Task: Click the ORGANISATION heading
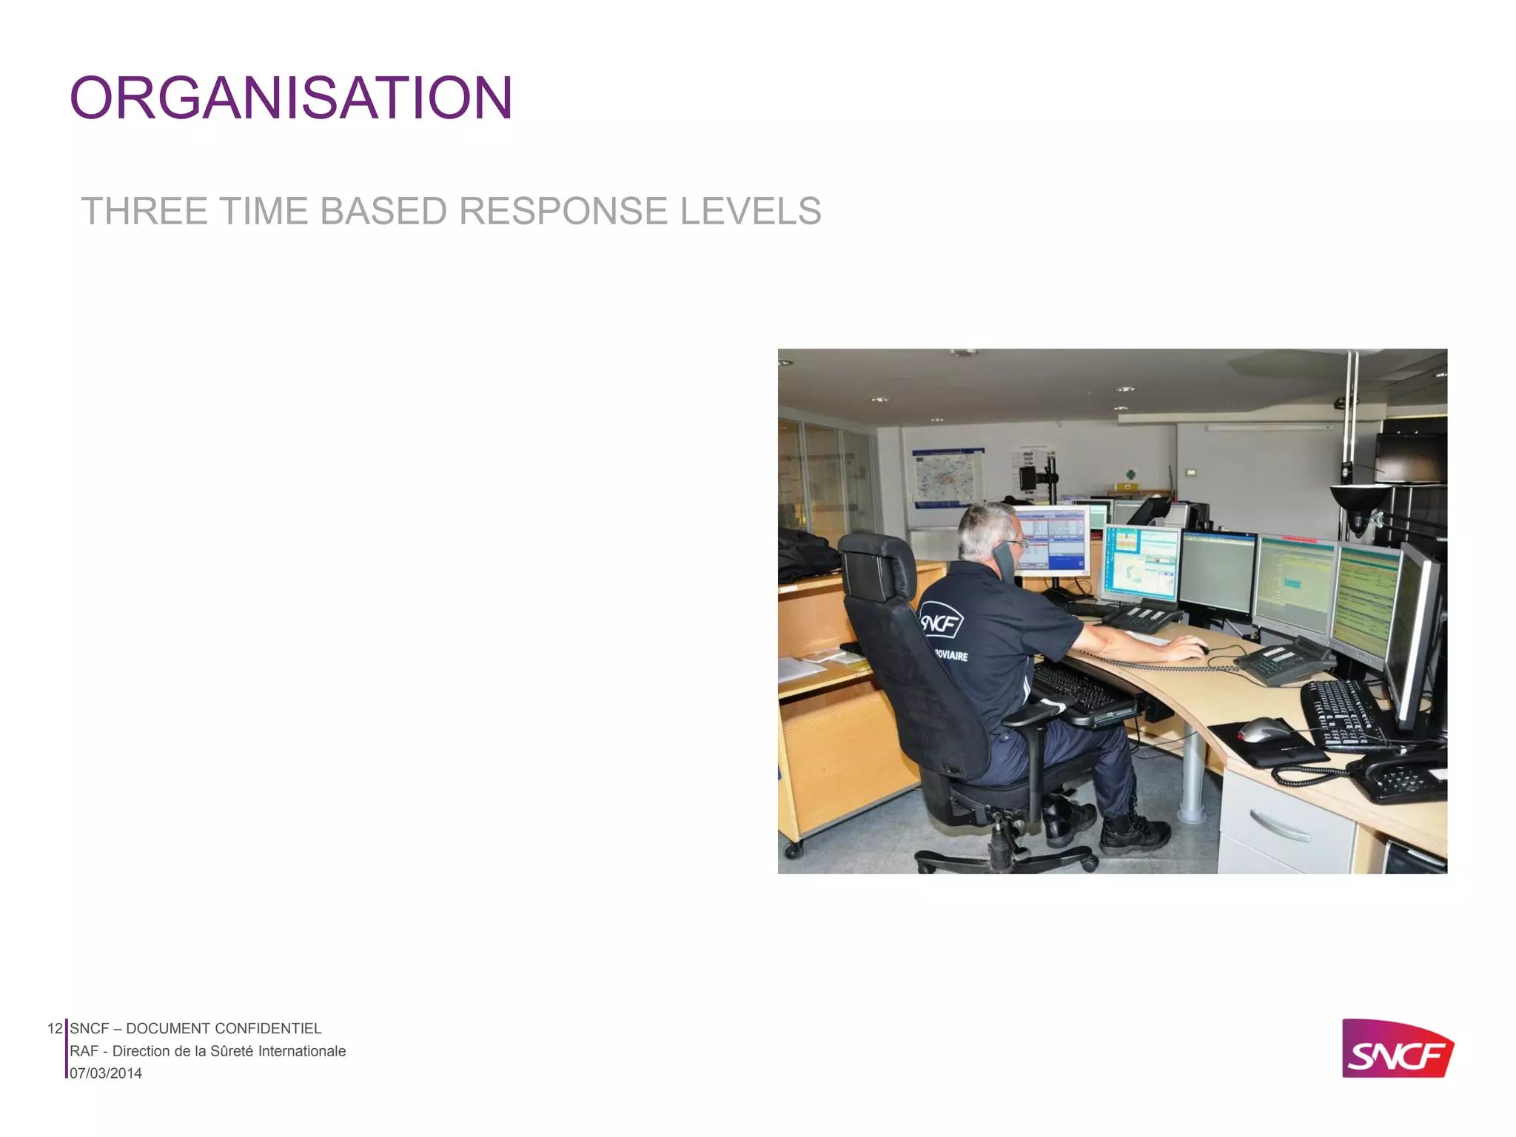coord(291,98)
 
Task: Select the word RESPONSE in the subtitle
coord(563,211)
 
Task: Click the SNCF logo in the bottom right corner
coord(1397,1049)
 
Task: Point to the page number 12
coord(55,1028)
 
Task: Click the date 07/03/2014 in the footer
coord(106,1073)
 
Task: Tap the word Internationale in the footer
coord(301,1051)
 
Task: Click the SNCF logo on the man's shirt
coord(941,622)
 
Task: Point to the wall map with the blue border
coord(947,477)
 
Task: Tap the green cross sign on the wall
coord(1130,474)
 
